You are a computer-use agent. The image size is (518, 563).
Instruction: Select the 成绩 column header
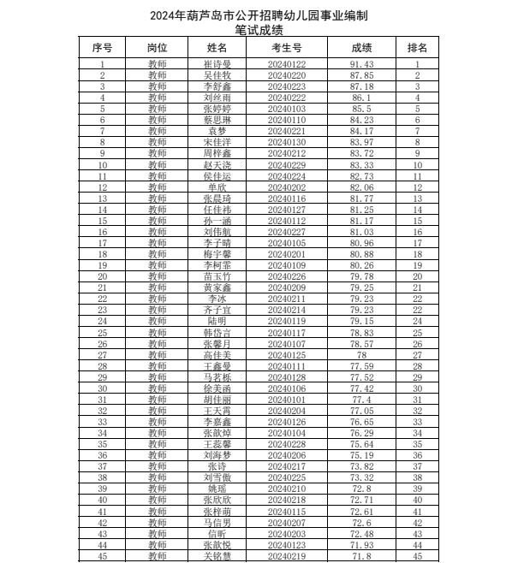[361, 48]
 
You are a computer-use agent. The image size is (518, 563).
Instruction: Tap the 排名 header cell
[417, 48]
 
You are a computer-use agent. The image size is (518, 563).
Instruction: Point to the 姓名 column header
[217, 48]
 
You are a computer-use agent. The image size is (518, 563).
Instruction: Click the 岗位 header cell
[157, 48]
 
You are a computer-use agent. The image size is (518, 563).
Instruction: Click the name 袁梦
[217, 131]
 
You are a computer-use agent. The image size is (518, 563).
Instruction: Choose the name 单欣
[217, 187]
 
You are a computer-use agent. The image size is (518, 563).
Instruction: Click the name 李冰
[217, 299]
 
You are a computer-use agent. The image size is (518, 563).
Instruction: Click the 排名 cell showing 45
[417, 555]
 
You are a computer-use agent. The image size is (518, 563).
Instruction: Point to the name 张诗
[217, 466]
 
